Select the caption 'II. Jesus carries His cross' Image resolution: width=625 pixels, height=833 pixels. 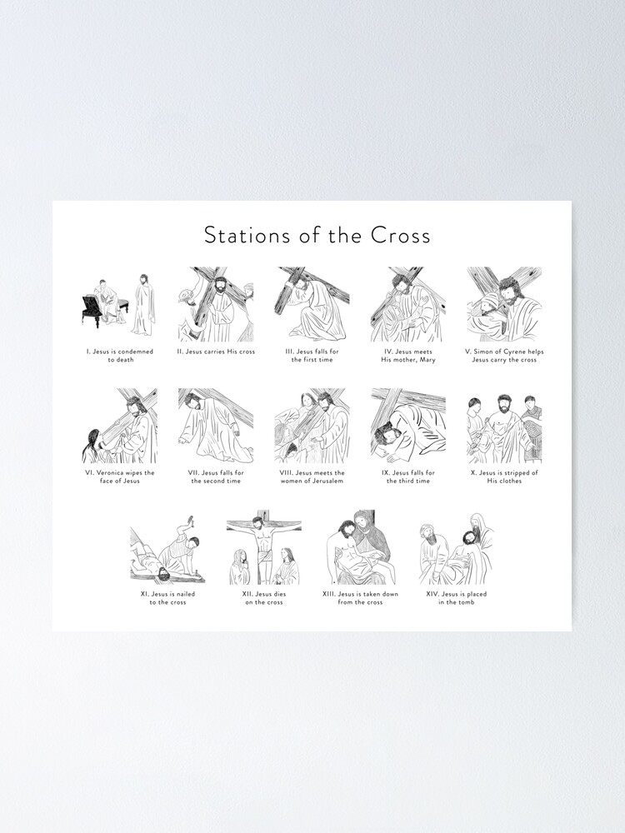click(x=216, y=352)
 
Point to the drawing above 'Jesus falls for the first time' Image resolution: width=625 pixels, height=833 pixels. click(x=312, y=304)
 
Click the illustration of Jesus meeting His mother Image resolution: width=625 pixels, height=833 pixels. click(x=408, y=304)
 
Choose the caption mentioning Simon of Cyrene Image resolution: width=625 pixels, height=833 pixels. click(x=503, y=356)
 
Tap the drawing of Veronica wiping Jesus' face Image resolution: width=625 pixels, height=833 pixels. click(x=119, y=426)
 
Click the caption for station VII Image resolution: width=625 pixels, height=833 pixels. click(x=216, y=477)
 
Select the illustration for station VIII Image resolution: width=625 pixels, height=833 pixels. click(x=312, y=426)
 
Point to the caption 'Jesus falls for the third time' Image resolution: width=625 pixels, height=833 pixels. click(x=408, y=477)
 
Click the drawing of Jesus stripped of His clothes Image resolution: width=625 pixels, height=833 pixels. click(x=503, y=426)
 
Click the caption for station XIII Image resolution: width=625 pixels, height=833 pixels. click(x=360, y=598)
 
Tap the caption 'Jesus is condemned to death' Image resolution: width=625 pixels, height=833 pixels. click(x=119, y=356)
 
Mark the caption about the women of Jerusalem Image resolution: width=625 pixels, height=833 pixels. click(x=312, y=477)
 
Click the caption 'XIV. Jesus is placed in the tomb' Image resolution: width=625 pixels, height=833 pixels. click(x=456, y=598)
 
